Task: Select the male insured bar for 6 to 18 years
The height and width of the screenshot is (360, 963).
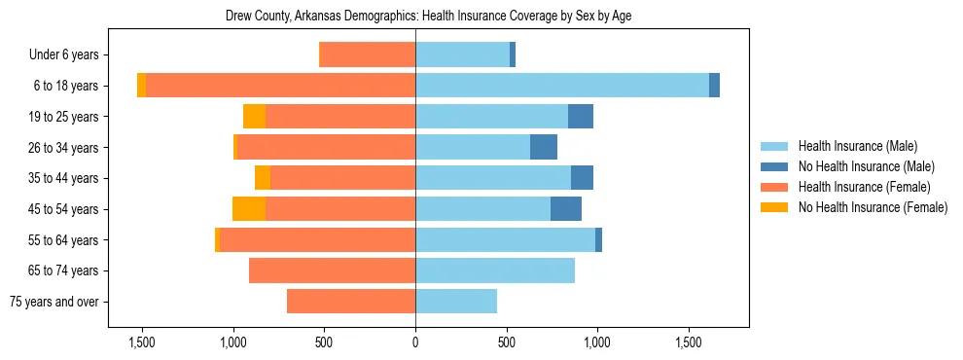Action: click(562, 86)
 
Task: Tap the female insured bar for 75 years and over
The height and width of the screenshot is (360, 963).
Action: click(351, 302)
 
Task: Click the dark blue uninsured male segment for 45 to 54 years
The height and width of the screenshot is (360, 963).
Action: click(566, 209)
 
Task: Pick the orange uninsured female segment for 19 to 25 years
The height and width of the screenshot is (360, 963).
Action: click(255, 117)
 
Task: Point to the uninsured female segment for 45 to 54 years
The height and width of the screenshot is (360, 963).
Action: click(249, 209)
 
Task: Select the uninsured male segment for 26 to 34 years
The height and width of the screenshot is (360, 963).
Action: click(544, 147)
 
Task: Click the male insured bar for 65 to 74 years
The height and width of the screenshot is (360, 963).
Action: click(495, 270)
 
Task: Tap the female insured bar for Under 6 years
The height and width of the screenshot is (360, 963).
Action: click(368, 54)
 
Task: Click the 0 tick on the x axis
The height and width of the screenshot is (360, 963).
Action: click(415, 342)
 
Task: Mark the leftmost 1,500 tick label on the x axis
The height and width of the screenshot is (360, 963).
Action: click(142, 342)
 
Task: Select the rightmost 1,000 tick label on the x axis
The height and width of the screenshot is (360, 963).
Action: click(596, 342)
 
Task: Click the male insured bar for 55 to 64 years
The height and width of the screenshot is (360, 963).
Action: click(505, 240)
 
